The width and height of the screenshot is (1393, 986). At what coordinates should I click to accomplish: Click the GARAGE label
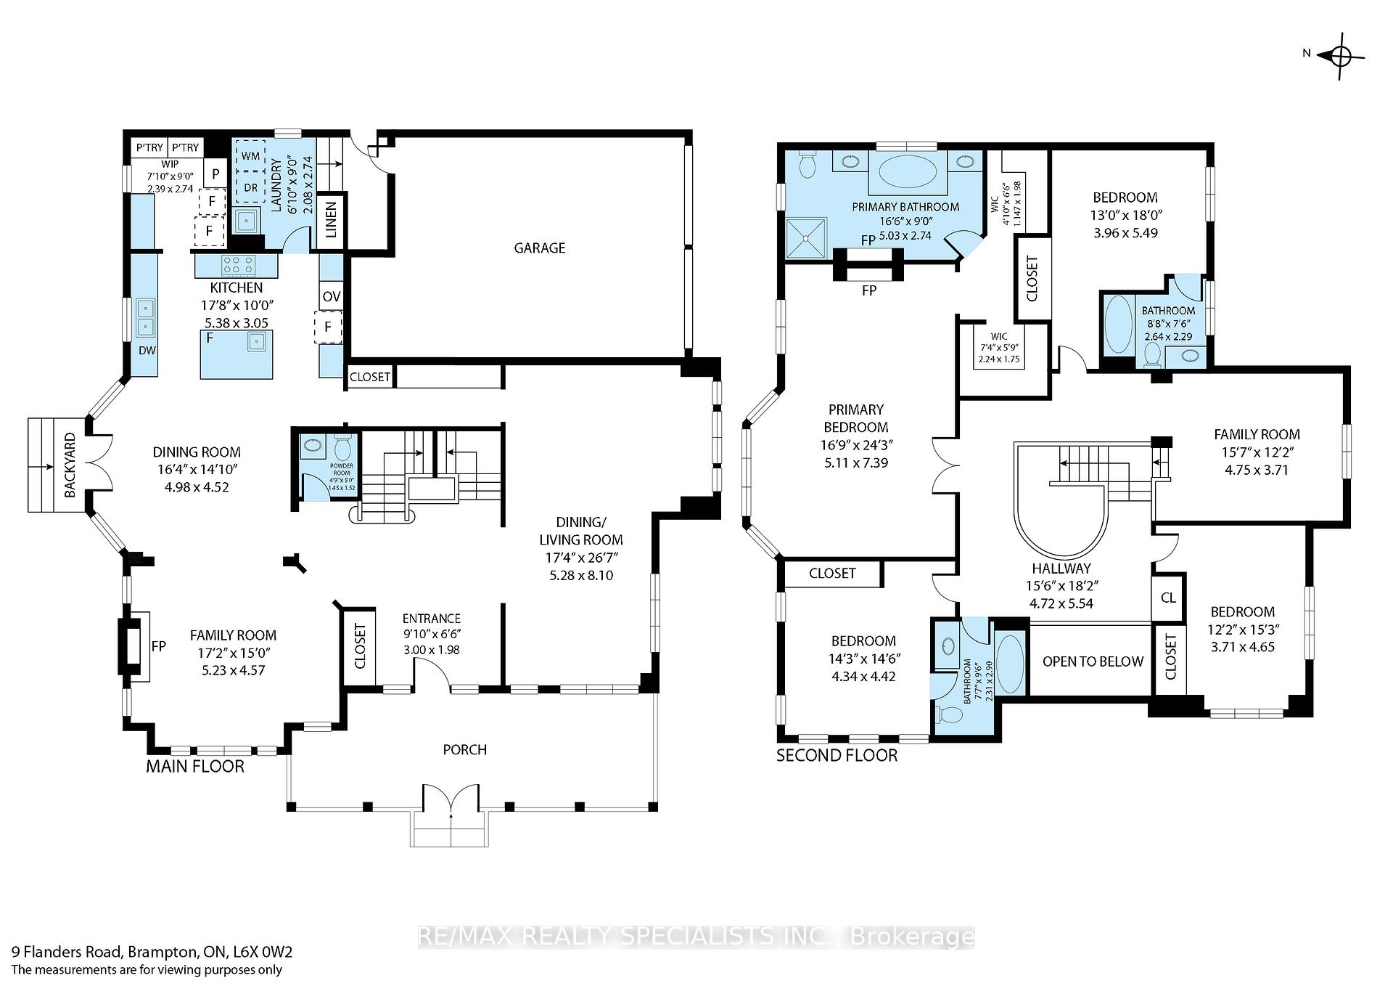point(539,248)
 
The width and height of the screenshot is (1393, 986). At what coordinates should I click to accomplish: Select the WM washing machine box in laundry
point(250,156)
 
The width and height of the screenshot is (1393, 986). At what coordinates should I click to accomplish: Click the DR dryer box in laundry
point(250,187)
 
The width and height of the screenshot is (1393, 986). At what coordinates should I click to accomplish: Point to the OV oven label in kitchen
point(331,296)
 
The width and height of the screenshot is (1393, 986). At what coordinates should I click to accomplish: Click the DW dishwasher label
point(147,350)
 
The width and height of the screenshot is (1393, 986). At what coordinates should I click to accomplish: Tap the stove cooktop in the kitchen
point(237,264)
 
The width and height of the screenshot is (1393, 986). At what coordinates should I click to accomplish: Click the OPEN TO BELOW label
point(1092,661)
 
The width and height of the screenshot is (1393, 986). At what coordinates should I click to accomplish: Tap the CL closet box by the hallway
point(1168,598)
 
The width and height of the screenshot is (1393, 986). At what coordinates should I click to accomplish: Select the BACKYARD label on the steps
point(70,465)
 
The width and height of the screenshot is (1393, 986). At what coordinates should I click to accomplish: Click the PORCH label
point(464,749)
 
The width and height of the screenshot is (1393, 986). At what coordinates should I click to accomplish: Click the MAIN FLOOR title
point(195,766)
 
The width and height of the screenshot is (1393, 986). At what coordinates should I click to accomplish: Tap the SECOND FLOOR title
point(837,755)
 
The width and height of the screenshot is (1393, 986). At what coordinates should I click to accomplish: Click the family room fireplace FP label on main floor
point(158,646)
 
